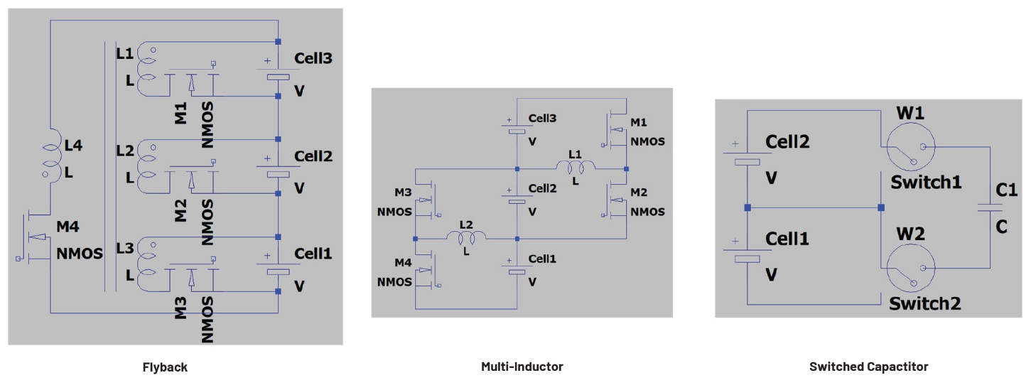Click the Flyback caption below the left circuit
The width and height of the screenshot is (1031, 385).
pyautogui.click(x=165, y=367)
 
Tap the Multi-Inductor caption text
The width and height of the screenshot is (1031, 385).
pyautogui.click(x=522, y=367)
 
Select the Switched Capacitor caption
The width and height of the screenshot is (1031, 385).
pyautogui.click(x=868, y=367)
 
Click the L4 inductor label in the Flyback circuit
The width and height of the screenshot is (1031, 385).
pyautogui.click(x=74, y=146)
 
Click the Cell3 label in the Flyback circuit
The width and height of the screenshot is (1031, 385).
pyautogui.click(x=313, y=59)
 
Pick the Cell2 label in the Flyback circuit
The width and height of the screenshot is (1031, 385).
pyautogui.click(x=313, y=156)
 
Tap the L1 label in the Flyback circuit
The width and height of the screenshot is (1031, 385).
pyautogui.click(x=124, y=53)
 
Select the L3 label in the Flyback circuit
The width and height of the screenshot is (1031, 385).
pyautogui.click(x=124, y=249)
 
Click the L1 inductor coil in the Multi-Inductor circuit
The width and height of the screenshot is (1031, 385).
pyautogui.click(x=576, y=168)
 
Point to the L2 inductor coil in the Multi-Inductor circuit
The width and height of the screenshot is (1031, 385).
pyautogui.click(x=466, y=237)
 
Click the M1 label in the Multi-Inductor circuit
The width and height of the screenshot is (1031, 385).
pyautogui.click(x=639, y=121)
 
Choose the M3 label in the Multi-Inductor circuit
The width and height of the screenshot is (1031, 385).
pyautogui.click(x=403, y=192)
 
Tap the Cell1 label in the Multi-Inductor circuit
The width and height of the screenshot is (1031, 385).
pyautogui.click(x=542, y=259)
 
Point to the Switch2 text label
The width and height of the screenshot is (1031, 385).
pyautogui.click(x=925, y=303)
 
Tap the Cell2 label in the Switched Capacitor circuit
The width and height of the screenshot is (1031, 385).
pyautogui.click(x=787, y=142)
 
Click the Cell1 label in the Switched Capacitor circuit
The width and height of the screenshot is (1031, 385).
pyautogui.click(x=787, y=239)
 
